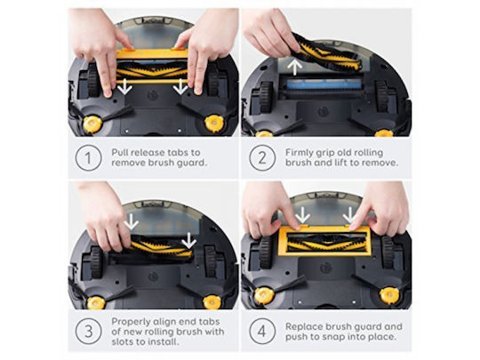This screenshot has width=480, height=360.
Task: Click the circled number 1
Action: [x=88, y=158]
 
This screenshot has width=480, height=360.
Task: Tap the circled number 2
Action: [x=262, y=158]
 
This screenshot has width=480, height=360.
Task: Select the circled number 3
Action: [x=88, y=332]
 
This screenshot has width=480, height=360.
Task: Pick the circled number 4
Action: [x=262, y=332]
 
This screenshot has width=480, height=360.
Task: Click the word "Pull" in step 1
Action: [x=120, y=153]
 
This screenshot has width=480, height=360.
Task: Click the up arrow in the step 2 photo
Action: [x=294, y=68]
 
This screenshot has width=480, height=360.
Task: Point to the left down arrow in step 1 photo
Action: [x=124, y=86]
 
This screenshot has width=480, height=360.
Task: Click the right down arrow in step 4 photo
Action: [x=349, y=215]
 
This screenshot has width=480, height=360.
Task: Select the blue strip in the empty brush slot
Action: [x=324, y=84]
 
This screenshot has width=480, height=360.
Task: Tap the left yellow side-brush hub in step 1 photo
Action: [x=92, y=124]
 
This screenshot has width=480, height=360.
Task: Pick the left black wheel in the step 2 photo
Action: [x=266, y=97]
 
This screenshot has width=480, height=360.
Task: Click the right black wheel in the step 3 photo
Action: [x=211, y=262]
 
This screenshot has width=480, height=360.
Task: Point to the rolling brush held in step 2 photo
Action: [x=325, y=53]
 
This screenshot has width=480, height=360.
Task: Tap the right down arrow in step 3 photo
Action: [x=189, y=241]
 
